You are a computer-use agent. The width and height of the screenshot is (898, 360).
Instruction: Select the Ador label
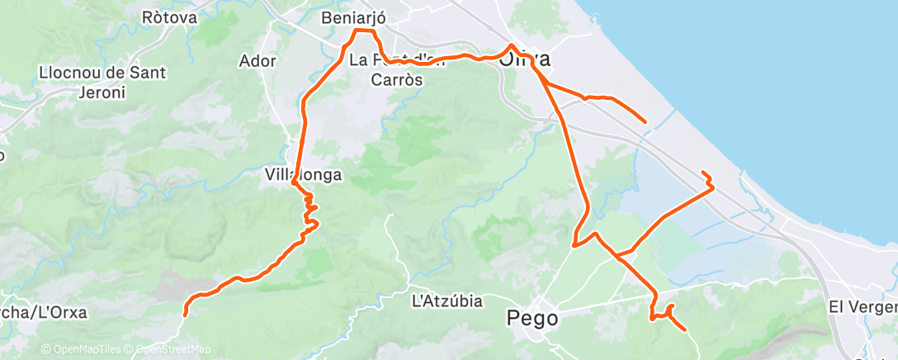pos(257,60)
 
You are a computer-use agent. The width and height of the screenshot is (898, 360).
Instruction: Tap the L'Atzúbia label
pos(447,301)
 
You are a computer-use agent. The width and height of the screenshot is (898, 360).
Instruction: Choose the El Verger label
pos(863,306)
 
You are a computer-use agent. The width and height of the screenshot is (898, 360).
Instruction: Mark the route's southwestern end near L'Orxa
pos(184,315)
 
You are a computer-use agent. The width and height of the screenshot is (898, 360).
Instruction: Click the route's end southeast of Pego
pos(685,330)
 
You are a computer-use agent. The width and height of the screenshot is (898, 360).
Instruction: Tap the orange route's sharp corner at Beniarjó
pos(357,31)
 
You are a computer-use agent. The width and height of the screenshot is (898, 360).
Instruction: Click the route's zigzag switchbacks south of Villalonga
pos(310,211)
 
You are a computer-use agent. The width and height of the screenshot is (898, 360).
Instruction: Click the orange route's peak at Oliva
pos(512,45)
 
